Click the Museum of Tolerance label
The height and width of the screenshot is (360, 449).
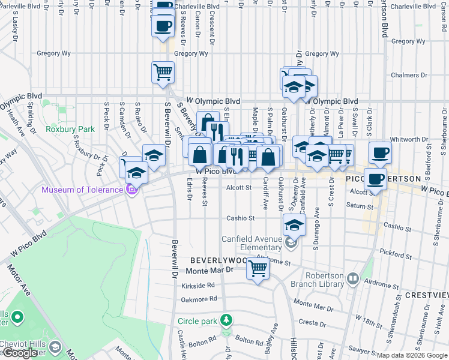82,190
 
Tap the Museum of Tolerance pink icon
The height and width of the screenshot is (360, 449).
132,190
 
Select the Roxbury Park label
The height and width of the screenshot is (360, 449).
70,129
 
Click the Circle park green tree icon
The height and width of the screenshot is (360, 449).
226,319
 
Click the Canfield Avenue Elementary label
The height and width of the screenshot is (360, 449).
252,243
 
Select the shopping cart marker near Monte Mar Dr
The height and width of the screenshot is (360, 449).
258,268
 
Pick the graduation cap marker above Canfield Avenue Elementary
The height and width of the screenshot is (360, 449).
294,225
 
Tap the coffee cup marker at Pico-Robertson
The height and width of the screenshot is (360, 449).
376,178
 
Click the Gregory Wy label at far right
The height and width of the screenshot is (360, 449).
408,41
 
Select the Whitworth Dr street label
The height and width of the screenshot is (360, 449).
409,139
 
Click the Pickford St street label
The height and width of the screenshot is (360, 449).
400,254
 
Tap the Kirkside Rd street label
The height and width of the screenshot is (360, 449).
197,286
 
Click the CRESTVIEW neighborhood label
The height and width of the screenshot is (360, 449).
426,295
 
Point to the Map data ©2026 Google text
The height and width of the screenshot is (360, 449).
411,355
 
